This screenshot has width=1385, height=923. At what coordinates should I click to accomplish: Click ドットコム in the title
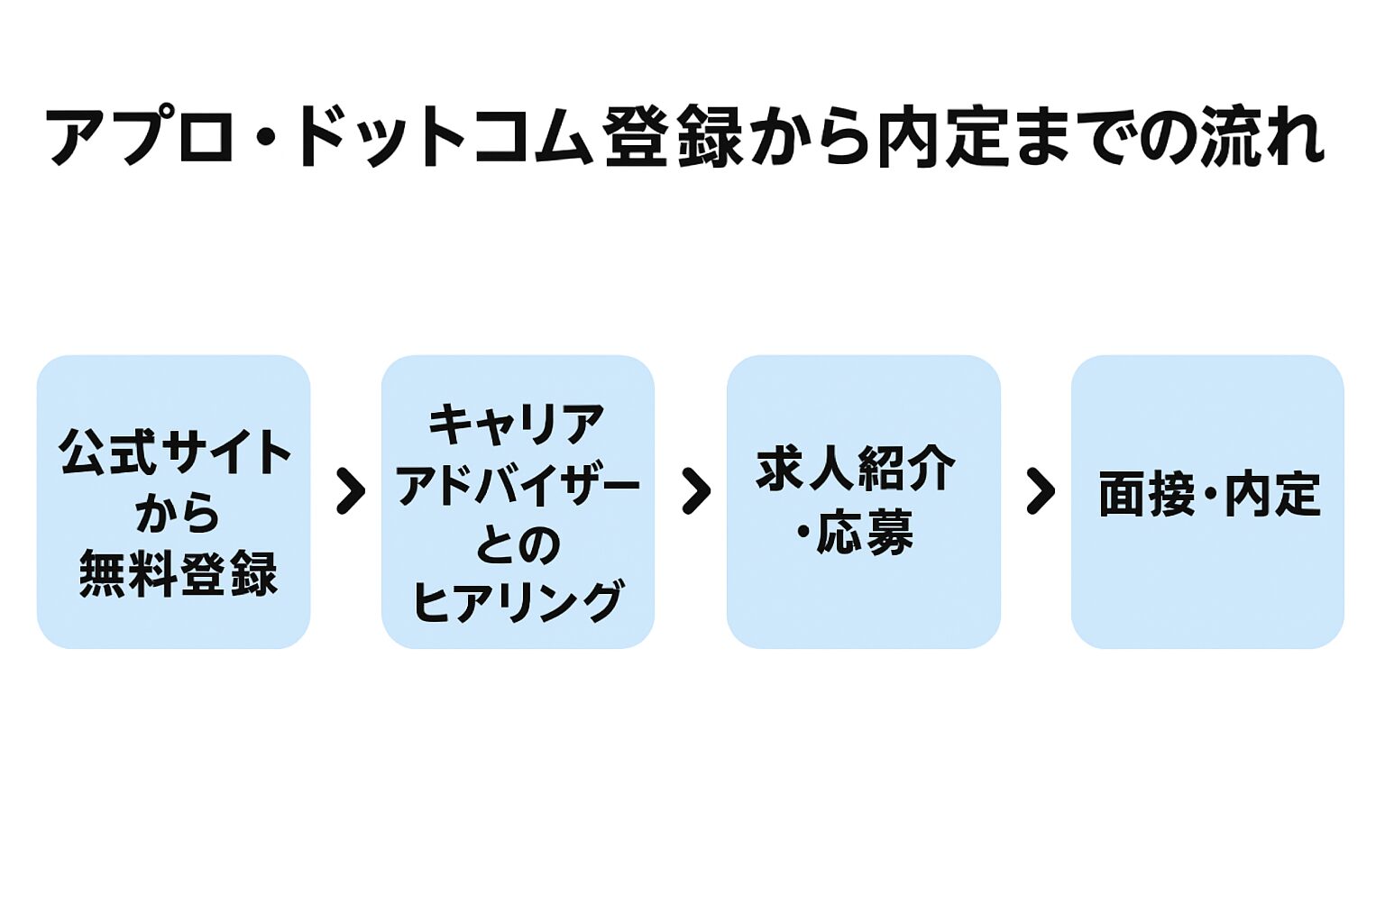(x=442, y=137)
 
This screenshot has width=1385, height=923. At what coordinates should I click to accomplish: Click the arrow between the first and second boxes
(x=350, y=491)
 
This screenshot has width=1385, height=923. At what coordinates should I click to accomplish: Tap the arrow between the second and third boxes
(x=695, y=491)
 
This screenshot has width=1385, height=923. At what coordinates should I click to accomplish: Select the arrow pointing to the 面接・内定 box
(x=1040, y=491)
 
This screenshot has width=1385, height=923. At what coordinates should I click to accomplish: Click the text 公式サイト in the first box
(x=175, y=452)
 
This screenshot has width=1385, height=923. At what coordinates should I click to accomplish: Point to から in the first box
(x=177, y=513)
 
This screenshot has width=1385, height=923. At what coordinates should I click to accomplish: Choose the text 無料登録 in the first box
(x=178, y=574)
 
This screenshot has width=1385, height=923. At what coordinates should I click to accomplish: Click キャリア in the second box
(x=516, y=425)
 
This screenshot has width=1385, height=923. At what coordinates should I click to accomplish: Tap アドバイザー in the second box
(x=518, y=486)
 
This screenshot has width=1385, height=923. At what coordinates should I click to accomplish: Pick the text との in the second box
(x=518, y=544)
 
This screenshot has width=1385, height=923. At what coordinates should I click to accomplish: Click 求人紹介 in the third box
(x=855, y=469)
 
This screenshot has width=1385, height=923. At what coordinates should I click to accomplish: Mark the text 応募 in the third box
(x=865, y=533)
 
